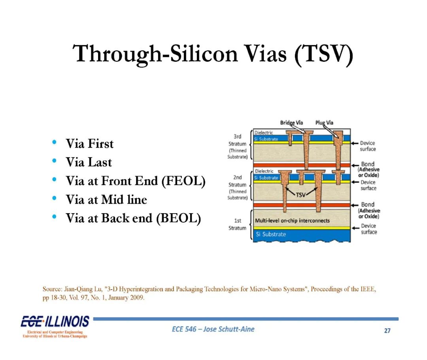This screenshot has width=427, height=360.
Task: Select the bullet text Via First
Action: [x=90, y=144]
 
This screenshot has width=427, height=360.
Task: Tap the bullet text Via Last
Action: [x=89, y=162]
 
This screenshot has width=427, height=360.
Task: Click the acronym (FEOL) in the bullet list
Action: [x=183, y=181]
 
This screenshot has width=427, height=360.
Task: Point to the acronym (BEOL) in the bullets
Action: [x=179, y=218]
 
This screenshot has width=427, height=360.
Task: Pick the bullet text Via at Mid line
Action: [x=106, y=199]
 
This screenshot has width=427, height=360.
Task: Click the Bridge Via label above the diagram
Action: [x=291, y=123]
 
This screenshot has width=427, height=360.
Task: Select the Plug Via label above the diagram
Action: [x=324, y=123]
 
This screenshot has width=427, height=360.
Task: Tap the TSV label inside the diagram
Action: [x=300, y=195]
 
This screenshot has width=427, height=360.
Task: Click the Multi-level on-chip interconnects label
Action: [x=292, y=220]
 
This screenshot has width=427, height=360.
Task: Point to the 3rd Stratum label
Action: [x=238, y=140]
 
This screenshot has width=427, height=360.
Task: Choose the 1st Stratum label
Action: [x=238, y=224]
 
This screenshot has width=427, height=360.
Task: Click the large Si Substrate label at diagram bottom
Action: [x=271, y=234]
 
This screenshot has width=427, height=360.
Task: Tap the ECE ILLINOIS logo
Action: [x=55, y=326]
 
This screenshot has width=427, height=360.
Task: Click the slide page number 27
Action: [x=387, y=331]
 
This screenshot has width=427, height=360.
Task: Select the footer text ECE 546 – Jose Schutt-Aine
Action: [x=213, y=329]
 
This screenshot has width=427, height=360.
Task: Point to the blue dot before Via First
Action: [x=54, y=142]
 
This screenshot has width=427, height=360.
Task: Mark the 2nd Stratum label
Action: [x=238, y=181]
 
